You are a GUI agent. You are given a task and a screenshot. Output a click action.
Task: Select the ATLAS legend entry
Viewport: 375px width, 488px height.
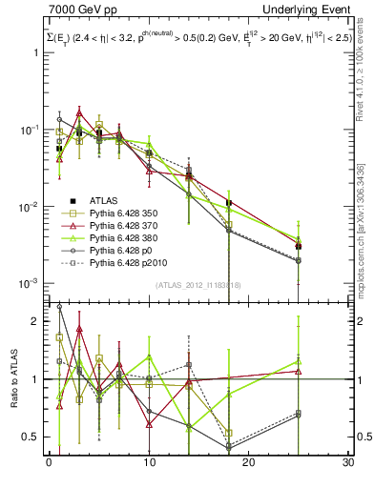105,200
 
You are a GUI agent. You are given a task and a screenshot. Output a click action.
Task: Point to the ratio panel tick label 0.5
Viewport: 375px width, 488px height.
33,437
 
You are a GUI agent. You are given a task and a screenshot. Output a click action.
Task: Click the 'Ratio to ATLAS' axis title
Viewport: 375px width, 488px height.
12,379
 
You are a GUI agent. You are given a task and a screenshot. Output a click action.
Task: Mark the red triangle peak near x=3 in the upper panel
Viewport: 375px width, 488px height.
79,112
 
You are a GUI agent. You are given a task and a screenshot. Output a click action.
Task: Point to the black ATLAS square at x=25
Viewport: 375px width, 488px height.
299,246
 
